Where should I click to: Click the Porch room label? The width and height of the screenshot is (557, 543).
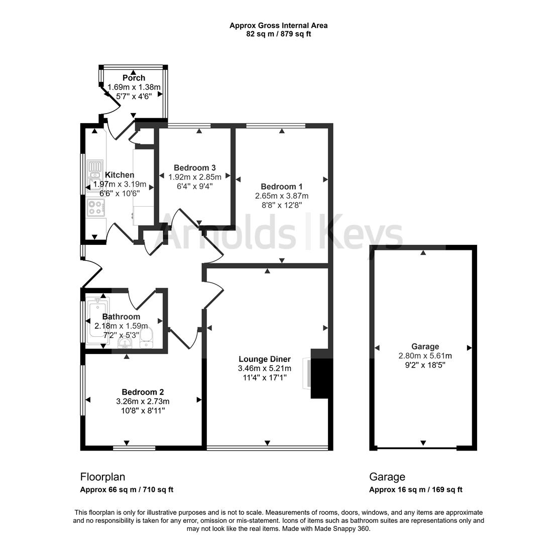tap(134, 77)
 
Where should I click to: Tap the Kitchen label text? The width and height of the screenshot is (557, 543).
tap(120, 174)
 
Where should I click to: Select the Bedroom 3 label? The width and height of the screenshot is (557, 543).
tap(195, 167)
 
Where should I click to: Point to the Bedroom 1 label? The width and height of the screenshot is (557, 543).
tap(282, 187)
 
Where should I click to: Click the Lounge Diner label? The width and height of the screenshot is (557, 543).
tap(265, 359)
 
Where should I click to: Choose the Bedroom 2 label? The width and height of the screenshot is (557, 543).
tap(143, 392)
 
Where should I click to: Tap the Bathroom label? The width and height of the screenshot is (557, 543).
tap(121, 316)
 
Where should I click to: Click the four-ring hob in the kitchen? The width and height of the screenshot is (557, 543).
tap(96, 207)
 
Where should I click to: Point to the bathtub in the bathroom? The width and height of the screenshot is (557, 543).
tap(97, 320)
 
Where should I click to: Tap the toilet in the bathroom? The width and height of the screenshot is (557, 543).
tap(146, 338)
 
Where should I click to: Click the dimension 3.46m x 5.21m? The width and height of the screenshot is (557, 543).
tap(265, 369)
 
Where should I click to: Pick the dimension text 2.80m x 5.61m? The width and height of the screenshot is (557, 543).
tap(425, 355)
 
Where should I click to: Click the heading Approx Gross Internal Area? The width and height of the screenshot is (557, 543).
tap(278, 26)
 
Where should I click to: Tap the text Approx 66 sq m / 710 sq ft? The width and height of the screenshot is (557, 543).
tap(127, 490)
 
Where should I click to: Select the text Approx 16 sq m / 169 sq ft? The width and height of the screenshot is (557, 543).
tap(416, 490)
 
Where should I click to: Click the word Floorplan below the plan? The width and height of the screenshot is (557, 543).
tap(102, 477)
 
